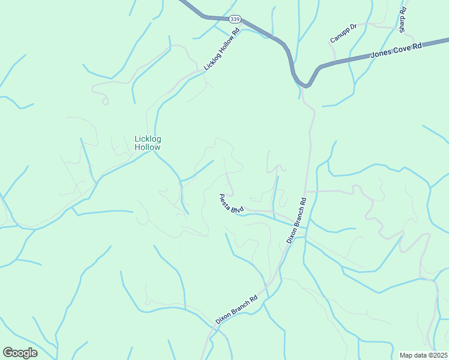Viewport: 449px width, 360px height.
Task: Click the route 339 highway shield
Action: coord(235,19)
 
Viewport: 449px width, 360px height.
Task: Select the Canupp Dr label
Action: coord(343,33)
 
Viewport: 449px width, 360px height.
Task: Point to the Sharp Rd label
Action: coord(403,20)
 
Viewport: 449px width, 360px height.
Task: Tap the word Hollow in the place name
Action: coord(148,147)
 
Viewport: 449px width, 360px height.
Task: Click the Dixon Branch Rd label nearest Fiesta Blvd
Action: coord(297,220)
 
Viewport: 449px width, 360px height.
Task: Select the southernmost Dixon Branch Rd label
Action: coord(237,310)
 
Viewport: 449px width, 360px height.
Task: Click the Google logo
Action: coord(20,353)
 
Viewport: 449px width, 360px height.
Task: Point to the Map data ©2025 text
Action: coord(423,355)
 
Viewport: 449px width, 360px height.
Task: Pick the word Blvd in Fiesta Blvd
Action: coord(237,208)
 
